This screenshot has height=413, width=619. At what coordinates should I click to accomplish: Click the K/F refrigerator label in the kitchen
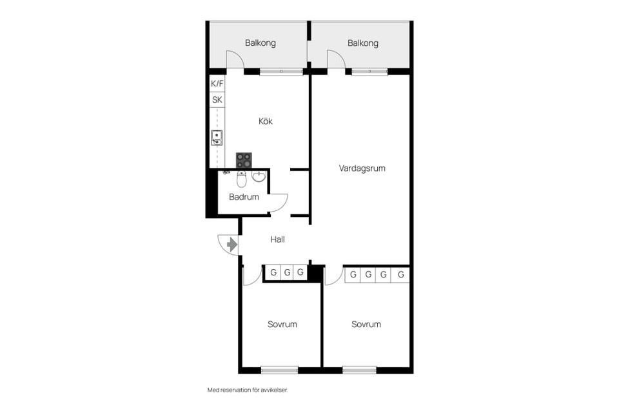pyautogui.click(x=217, y=83)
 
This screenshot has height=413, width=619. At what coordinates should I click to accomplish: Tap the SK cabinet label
pyautogui.click(x=217, y=99)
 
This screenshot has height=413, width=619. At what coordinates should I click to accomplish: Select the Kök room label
pyautogui.click(x=266, y=121)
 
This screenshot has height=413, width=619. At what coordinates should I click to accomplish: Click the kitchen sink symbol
pyautogui.click(x=217, y=138)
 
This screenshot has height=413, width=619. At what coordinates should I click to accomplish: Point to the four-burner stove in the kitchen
pyautogui.click(x=244, y=160)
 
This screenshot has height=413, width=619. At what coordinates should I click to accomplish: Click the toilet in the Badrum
pyautogui.click(x=242, y=179)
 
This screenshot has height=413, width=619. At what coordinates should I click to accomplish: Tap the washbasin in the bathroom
pyautogui.click(x=259, y=177)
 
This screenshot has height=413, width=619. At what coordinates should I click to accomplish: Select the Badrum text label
pyautogui.click(x=244, y=197)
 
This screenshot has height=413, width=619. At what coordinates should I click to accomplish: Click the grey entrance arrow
pyautogui.click(x=232, y=245)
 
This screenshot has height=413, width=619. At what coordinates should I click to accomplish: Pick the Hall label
pyautogui.click(x=277, y=239)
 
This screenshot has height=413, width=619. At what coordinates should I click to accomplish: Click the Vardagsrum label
pyautogui.click(x=362, y=168)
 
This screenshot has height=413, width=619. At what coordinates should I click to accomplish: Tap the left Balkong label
pyautogui.click(x=260, y=43)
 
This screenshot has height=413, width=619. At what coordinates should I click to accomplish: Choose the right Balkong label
pyautogui.click(x=363, y=43)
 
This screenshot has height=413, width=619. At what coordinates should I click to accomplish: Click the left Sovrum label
pyautogui.click(x=282, y=325)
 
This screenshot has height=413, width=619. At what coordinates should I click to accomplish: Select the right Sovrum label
pyautogui.click(x=366, y=325)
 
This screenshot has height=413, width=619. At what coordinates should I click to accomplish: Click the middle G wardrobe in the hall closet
pyautogui.click(x=288, y=272)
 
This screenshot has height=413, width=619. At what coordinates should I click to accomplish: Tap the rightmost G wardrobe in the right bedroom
pyautogui.click(x=400, y=274)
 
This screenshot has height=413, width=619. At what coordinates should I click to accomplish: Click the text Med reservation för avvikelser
pyautogui.click(x=248, y=390)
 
